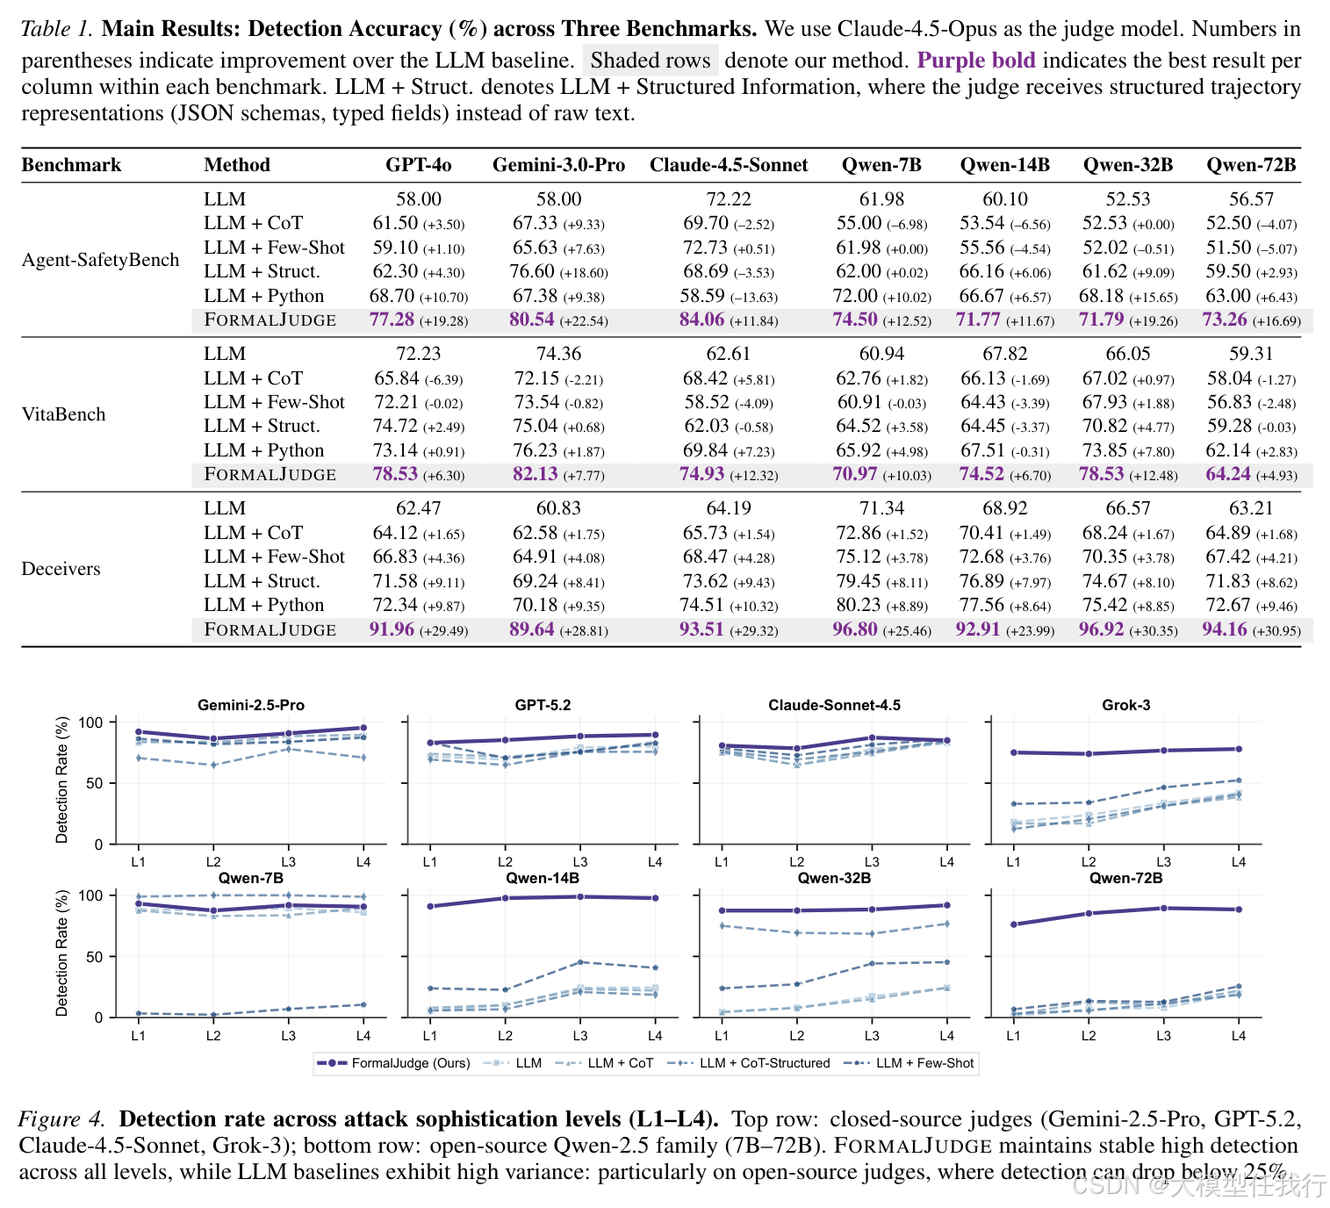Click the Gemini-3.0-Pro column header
[x=558, y=165]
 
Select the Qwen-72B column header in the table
[x=1251, y=165]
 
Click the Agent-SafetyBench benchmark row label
[x=100, y=260]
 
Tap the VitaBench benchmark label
[x=63, y=414]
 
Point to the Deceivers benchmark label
[x=61, y=569]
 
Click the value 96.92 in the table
[x=1101, y=629]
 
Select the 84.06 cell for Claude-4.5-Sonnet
[x=701, y=320]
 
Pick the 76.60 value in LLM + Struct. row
[x=532, y=271]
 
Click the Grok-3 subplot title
[x=1125, y=705]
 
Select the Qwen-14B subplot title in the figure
[x=543, y=878]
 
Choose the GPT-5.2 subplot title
[x=543, y=705]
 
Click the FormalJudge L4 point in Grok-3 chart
[x=1238, y=749]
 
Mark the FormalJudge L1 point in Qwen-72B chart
[x=1014, y=924]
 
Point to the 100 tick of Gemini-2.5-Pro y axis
[x=91, y=723]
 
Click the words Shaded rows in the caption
[x=650, y=61]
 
